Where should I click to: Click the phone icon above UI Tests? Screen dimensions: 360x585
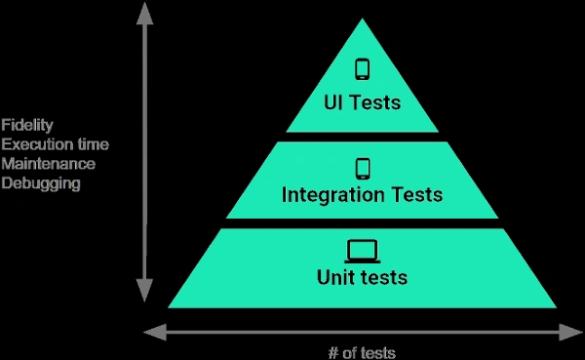(x=362, y=69)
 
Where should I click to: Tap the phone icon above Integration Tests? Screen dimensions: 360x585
(x=362, y=168)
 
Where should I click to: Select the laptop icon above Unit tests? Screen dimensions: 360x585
(x=362, y=252)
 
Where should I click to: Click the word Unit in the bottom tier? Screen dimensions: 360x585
(x=336, y=278)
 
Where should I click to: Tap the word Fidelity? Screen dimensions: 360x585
(x=27, y=125)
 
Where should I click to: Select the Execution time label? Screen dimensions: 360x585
(x=55, y=144)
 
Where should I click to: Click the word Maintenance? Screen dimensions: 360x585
(x=49, y=163)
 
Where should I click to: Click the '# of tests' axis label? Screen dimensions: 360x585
(x=361, y=352)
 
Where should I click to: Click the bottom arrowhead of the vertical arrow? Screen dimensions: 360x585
(x=144, y=292)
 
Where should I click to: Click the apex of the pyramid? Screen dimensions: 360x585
(x=362, y=20)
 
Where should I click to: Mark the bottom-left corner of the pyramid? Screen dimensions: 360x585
(x=170, y=306)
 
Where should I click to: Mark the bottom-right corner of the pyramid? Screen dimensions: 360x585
(x=555, y=306)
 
